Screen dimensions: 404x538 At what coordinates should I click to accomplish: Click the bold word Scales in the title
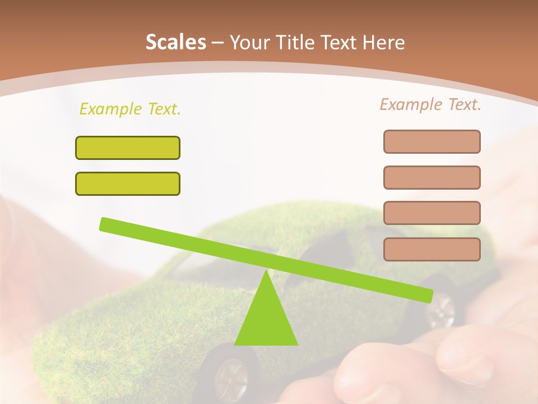(175, 42)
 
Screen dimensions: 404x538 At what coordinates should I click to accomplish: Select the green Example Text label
(130, 109)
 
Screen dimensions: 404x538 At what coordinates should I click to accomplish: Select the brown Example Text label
(430, 104)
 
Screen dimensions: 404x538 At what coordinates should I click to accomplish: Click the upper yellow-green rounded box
(128, 148)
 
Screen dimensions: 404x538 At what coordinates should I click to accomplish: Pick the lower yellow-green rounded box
(128, 183)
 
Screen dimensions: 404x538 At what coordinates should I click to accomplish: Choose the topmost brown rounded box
(432, 141)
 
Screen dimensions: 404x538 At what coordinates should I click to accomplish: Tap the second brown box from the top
(432, 177)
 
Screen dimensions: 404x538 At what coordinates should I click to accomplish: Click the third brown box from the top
(432, 213)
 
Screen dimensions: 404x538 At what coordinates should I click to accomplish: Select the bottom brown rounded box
(432, 249)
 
